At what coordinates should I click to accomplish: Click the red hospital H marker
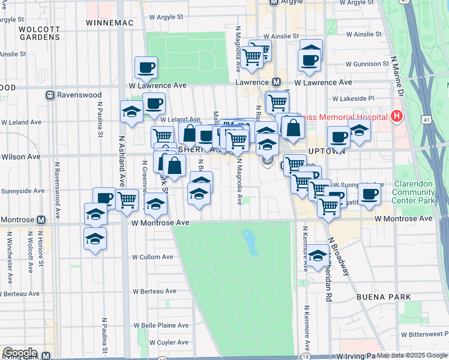point(396,116)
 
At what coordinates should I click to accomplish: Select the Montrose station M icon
point(41,220)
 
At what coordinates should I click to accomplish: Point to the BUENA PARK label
point(382,297)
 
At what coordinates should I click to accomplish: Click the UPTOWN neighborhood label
point(327,151)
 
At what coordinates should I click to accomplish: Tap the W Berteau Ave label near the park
point(157,291)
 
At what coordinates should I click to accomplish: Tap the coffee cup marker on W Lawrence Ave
point(146,67)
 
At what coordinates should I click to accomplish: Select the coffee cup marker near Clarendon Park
point(369,193)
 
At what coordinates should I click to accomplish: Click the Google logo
point(19,353)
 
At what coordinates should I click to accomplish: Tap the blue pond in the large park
point(249,241)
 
